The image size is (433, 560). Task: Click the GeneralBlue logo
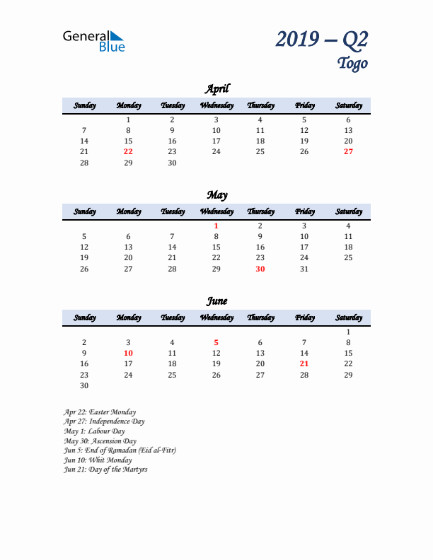click(93, 41)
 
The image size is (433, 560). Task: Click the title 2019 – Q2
click(322, 40)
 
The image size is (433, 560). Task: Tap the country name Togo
click(352, 64)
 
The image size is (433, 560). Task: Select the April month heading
click(216, 88)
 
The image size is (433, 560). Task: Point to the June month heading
click(216, 301)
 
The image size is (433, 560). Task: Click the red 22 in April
click(128, 151)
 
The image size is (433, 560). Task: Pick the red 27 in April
click(348, 151)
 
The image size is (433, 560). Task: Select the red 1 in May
click(216, 226)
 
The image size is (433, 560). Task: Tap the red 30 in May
click(260, 269)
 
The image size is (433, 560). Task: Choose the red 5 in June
click(216, 342)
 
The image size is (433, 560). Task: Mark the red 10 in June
click(128, 353)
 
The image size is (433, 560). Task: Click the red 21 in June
click(304, 363)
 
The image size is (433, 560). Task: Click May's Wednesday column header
click(216, 211)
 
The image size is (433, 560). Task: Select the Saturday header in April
click(348, 105)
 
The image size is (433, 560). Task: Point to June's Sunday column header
click(84, 317)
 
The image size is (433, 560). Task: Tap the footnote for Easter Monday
click(100, 412)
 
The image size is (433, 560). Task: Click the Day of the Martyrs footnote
click(105, 469)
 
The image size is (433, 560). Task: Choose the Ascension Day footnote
click(100, 441)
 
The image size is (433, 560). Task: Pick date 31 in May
click(304, 269)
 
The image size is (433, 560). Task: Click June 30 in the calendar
click(84, 385)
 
